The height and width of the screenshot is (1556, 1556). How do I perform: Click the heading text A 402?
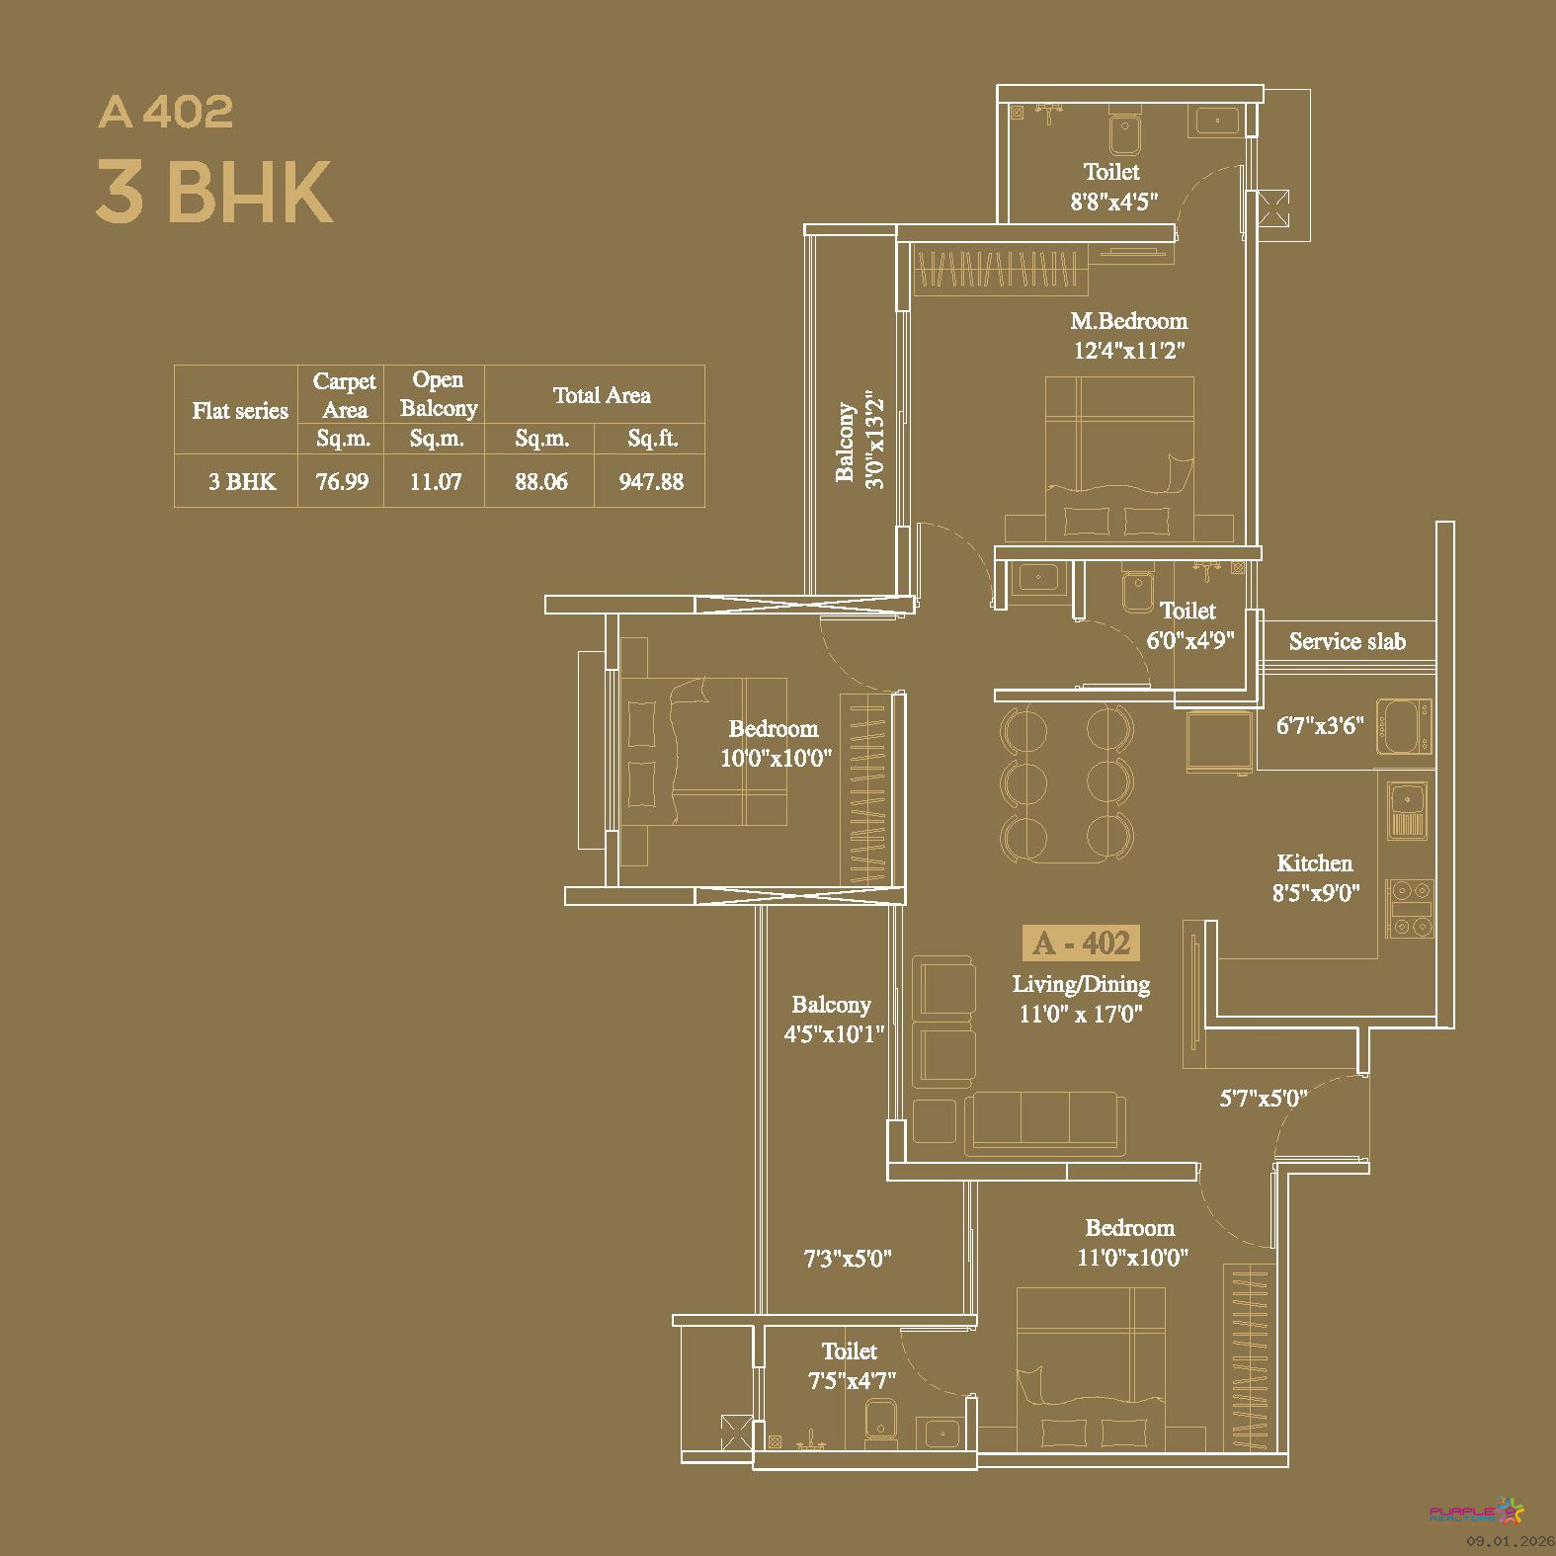tap(166, 112)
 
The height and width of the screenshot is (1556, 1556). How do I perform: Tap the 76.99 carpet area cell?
tap(342, 482)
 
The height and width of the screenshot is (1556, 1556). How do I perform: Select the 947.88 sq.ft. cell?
tap(651, 482)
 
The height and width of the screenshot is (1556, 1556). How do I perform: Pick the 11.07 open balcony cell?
tap(436, 482)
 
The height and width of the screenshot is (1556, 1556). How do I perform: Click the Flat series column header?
tap(240, 411)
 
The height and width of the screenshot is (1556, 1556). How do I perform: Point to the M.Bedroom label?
tap(1129, 321)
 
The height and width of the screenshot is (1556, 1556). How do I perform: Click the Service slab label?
tap(1348, 642)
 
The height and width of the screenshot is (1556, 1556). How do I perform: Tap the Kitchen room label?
tap(1315, 863)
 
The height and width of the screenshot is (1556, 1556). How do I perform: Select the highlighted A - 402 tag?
tap(1081, 943)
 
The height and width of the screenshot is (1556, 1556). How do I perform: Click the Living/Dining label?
tap(1081, 984)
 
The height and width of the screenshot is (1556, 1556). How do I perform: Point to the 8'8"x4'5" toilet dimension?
tap(1114, 202)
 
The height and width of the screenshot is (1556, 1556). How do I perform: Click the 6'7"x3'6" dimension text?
tap(1320, 726)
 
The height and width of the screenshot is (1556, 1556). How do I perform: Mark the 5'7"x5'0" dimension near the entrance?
tap(1264, 1098)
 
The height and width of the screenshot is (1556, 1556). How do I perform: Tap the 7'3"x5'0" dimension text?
tap(848, 1259)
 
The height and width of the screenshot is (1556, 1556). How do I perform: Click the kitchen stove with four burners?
tap(1409, 908)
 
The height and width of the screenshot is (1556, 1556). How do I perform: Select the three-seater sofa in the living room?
tap(1045, 1123)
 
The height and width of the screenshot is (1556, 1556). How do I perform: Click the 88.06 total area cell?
tap(541, 482)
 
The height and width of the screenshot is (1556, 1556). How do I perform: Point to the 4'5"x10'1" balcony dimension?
tap(834, 1034)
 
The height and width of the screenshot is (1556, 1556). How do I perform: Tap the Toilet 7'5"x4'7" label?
tap(851, 1365)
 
